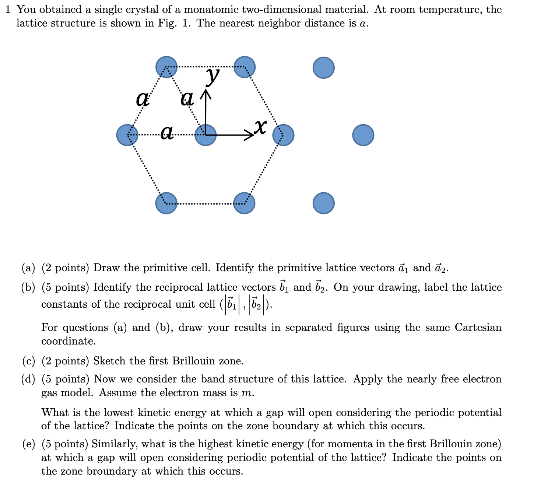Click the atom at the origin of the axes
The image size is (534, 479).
[x=205, y=135]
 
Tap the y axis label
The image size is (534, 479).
[x=213, y=75]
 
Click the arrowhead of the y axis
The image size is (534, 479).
[x=205, y=95]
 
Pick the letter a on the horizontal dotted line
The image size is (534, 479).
[x=167, y=132]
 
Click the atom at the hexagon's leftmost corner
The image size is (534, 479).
[x=127, y=135]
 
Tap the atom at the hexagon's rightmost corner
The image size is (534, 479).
[x=283, y=135]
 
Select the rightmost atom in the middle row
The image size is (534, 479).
[x=363, y=135]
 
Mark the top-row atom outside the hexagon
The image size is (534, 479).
[x=324, y=67]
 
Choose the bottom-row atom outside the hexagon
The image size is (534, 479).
[x=324, y=203]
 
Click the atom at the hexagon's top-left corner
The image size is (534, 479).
[x=166, y=67]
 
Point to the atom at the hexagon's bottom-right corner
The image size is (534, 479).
[x=245, y=203]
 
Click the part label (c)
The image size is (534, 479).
[x=29, y=361]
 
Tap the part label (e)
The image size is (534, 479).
[x=29, y=444]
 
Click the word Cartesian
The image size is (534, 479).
[x=478, y=328]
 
